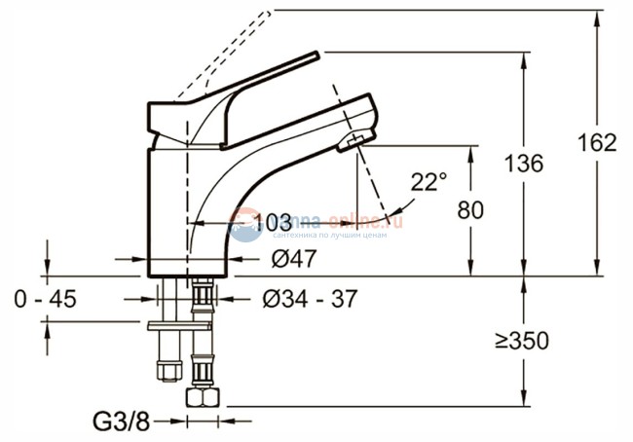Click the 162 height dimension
[597, 142]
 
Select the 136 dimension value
[526, 164]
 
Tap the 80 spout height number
[472, 209]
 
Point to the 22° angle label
[428, 181]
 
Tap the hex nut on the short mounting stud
[168, 371]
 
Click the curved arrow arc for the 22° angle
[406, 204]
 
